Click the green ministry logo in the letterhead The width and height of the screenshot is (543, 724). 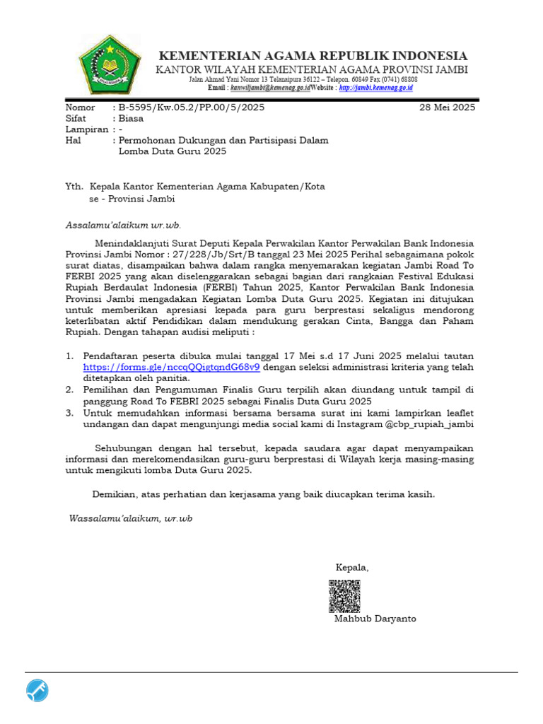pyautogui.click(x=110, y=67)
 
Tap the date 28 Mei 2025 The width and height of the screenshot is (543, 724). pyautogui.click(x=448, y=107)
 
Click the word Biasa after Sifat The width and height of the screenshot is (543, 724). pyautogui.click(x=132, y=119)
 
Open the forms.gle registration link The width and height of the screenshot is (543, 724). pyautogui.click(x=171, y=367)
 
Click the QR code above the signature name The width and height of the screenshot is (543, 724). pyautogui.click(x=345, y=595)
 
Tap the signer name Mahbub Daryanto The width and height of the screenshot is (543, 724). pyautogui.click(x=375, y=619)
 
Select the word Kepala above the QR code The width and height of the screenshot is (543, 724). pyautogui.click(x=351, y=567)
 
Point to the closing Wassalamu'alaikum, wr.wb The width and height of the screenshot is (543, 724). pyautogui.click(x=130, y=518)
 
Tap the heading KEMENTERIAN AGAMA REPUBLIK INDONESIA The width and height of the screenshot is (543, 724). pyautogui.click(x=312, y=56)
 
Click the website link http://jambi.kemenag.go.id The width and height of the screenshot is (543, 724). pyautogui.click(x=375, y=88)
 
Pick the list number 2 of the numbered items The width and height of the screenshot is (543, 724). pyautogui.click(x=69, y=390)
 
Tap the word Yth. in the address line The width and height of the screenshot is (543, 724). pyautogui.click(x=74, y=187)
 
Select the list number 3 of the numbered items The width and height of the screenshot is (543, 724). pyautogui.click(x=69, y=413)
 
